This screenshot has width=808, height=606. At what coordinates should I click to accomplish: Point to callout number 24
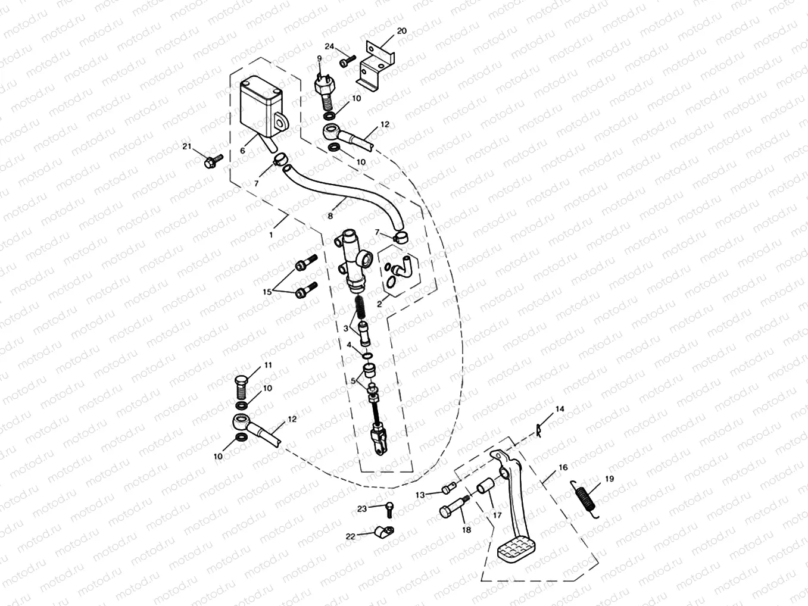pyautogui.click(x=329, y=46)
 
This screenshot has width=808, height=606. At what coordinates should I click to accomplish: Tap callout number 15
pyautogui.click(x=267, y=292)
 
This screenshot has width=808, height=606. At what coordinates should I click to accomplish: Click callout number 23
pyautogui.click(x=363, y=508)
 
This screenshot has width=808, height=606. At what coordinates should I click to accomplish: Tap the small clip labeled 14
pyautogui.click(x=539, y=428)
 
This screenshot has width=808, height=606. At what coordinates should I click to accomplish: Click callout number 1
pyautogui.click(x=271, y=235)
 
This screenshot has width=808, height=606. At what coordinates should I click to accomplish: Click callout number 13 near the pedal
pyautogui.click(x=420, y=494)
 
